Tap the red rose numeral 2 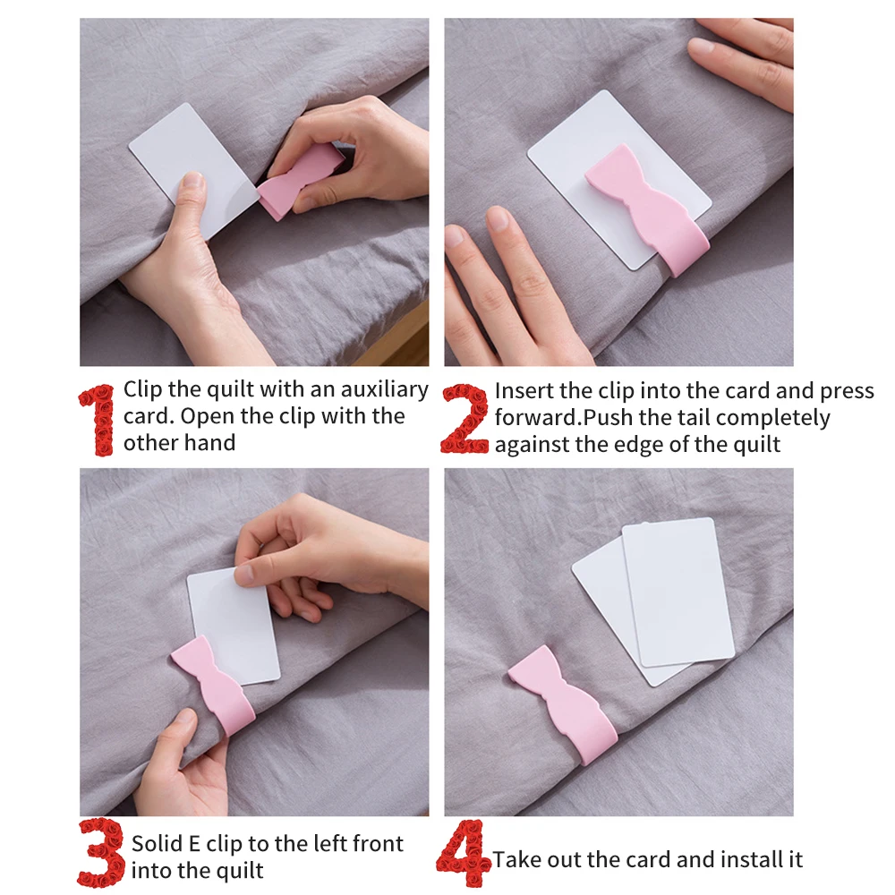click(x=465, y=419)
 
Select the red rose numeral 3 click(x=102, y=852)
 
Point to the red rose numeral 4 click(x=463, y=853)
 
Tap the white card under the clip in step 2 click(x=619, y=179)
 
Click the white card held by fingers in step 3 click(x=234, y=622)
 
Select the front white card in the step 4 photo click(x=678, y=592)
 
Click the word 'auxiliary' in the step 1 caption click(x=384, y=389)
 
